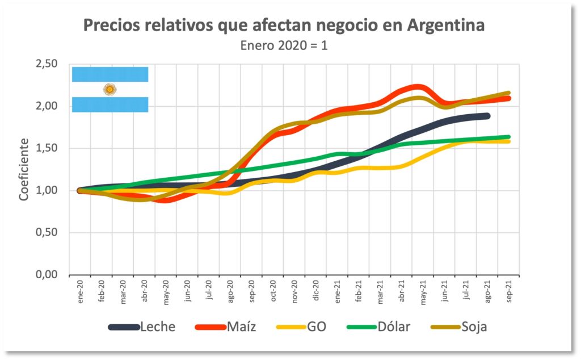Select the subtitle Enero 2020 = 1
click(284, 46)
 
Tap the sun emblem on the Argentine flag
click(110, 89)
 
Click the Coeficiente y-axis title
click(24, 170)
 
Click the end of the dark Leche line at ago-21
click(487, 116)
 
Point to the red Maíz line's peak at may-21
click(419, 87)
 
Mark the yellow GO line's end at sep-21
click(508, 141)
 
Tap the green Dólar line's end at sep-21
click(508, 137)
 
